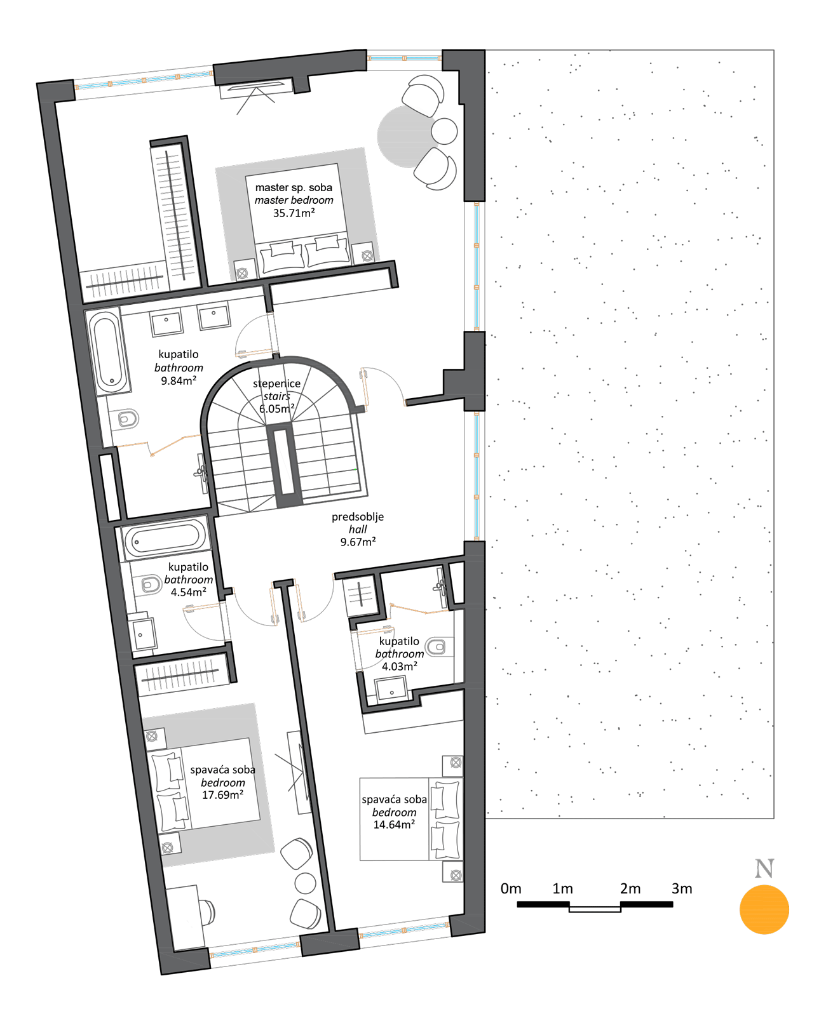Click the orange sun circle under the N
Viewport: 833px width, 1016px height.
point(764,909)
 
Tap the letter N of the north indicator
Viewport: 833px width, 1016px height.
point(764,869)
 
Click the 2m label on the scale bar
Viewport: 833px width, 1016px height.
point(630,888)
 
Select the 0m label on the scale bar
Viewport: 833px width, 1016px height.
point(511,888)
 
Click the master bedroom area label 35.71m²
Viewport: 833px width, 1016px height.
point(294,213)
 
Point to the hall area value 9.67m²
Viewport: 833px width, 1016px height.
point(358,542)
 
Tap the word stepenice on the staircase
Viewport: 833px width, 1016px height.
point(276,384)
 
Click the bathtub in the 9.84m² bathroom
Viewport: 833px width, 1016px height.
point(109,351)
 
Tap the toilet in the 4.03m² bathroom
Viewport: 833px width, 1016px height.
point(438,646)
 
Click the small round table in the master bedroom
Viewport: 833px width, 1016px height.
point(444,131)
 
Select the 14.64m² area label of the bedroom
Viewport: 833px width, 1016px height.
point(395,825)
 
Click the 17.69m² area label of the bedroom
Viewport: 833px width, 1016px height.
point(222,795)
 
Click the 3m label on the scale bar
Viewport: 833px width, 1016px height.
point(682,888)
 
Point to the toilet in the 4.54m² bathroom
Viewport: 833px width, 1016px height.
point(151,585)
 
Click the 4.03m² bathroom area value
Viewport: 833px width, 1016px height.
point(400,666)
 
